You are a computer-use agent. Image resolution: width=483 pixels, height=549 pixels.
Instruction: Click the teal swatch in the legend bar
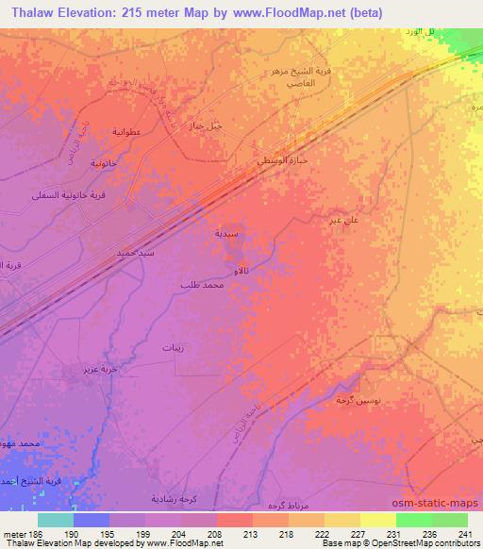pos(56,520)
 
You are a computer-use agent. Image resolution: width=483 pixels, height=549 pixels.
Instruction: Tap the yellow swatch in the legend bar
pos(378,520)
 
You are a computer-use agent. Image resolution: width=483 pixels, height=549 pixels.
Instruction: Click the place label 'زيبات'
pos(172,348)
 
